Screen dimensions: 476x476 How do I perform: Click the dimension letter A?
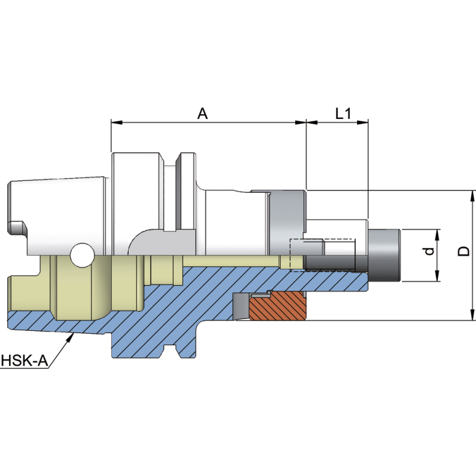click(x=202, y=113)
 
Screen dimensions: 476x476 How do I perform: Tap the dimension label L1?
click(x=342, y=113)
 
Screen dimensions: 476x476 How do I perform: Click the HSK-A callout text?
click(x=24, y=361)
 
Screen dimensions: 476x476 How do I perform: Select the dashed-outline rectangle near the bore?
click(x=321, y=255)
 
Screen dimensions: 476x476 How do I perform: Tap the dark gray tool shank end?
click(x=384, y=255)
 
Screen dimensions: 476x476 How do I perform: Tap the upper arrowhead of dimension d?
click(x=438, y=233)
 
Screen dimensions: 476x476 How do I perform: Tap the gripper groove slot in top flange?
click(x=170, y=190)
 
